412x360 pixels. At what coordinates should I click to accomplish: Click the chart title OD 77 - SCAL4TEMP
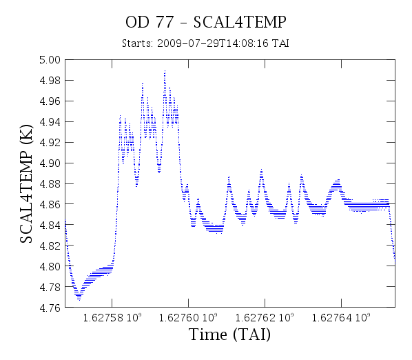[206, 22]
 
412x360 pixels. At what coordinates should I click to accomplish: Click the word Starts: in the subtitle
[137, 43]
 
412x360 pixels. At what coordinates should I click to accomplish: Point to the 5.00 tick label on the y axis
[50, 60]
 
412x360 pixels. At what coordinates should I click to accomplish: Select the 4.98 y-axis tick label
[50, 81]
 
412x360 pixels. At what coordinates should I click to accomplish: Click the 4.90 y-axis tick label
[50, 163]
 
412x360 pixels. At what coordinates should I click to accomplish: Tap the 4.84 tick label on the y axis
[50, 225]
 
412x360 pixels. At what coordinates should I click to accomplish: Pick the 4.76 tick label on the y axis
[50, 308]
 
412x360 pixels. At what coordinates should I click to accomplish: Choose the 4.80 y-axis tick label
[50, 266]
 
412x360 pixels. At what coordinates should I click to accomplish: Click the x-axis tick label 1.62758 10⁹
[112, 317]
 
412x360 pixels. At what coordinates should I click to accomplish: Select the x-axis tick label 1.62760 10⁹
[188, 317]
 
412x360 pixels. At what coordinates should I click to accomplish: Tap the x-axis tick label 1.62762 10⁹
[265, 317]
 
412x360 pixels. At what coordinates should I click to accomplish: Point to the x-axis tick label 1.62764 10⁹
[341, 317]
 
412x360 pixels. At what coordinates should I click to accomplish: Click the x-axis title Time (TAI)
[229, 334]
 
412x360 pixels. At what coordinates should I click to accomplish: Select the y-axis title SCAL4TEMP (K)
[26, 183]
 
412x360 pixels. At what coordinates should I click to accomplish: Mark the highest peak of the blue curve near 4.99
[165, 71]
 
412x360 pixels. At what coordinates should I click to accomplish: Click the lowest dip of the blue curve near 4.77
[79, 299]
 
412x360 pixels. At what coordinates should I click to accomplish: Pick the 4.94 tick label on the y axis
[50, 122]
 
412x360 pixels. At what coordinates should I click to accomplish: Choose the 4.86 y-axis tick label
[50, 204]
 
